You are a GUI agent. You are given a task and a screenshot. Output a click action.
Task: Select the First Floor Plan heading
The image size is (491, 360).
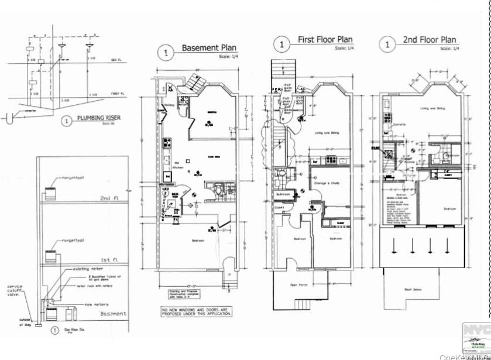pyautogui.click(x=325, y=40)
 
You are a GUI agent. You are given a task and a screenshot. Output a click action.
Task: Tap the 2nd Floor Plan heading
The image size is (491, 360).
pyautogui.click(x=429, y=40)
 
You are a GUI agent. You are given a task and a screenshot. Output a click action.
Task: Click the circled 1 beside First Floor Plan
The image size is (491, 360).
pyautogui.click(x=282, y=44)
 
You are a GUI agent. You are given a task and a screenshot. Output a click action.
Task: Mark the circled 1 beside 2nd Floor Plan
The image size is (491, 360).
pyautogui.click(x=386, y=44)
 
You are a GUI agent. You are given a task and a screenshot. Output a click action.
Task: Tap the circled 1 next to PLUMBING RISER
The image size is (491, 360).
pyautogui.click(x=67, y=122)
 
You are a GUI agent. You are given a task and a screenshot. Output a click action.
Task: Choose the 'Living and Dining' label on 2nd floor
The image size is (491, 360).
pyautogui.click(x=431, y=108)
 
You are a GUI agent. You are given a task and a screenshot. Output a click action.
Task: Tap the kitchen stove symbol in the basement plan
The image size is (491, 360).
pyautogui.click(x=166, y=142)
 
